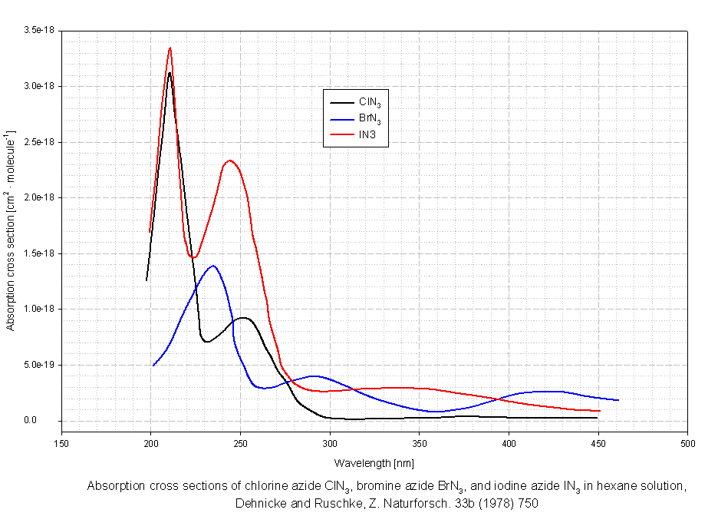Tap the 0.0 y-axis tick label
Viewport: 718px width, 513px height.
coord(48,420)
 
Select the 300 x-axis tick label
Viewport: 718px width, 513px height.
coord(330,443)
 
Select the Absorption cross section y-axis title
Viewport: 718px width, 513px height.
coord(11,230)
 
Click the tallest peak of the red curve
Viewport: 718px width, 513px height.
coord(170,48)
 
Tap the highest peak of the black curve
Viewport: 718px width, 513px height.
coord(169,73)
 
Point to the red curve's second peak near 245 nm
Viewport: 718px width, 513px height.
coord(229,161)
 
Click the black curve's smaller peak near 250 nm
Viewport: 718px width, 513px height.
coord(242,317)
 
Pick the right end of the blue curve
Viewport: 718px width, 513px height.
coord(618,400)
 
